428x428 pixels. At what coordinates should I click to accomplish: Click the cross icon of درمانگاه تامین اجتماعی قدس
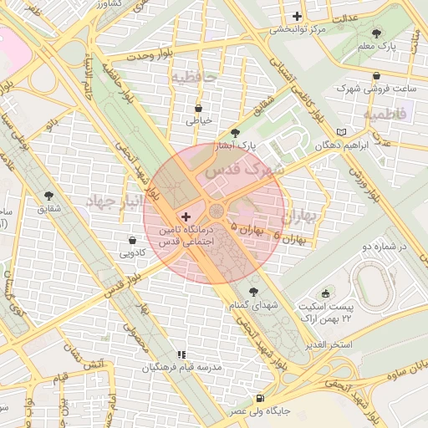pyautogui.click(x=185, y=217)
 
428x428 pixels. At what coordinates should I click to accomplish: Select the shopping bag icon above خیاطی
pyautogui.click(x=198, y=108)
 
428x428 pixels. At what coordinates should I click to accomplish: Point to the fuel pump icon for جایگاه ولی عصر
pyautogui.click(x=262, y=399)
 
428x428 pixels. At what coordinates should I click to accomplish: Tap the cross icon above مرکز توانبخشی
pyautogui.click(x=297, y=16)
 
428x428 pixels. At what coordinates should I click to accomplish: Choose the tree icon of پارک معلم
pyautogui.click(x=377, y=33)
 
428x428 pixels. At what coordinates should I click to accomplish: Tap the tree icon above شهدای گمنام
pyautogui.click(x=254, y=292)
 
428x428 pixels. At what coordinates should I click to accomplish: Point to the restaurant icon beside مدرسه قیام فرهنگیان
pyautogui.click(x=182, y=354)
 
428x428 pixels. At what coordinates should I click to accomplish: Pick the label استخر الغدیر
pyautogui.click(x=329, y=344)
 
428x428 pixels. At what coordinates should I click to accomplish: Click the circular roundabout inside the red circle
pyautogui.click(x=217, y=210)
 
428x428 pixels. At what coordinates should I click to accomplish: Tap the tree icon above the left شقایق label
pyautogui.click(x=48, y=195)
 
